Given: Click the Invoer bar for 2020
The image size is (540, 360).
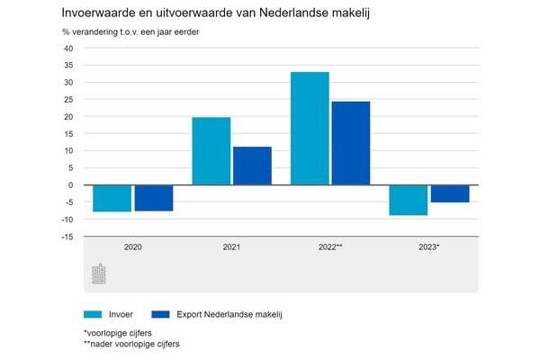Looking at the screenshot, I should [112, 198].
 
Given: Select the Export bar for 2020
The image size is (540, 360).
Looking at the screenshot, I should [153, 198].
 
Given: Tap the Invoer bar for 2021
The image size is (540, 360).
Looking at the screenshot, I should [211, 151].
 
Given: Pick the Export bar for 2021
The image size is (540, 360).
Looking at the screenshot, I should [252, 166].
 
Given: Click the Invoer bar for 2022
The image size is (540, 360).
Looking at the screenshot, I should [310, 128].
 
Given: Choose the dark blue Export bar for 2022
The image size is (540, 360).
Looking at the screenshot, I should [350, 143].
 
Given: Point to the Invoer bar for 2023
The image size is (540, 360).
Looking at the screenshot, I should [409, 200].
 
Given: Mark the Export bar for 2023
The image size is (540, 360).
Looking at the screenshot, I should [449, 193].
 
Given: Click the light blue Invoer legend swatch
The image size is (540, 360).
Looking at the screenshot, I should [93, 314].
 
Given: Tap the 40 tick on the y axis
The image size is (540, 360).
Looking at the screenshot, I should [68, 49].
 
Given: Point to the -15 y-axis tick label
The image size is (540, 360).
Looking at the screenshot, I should [67, 237].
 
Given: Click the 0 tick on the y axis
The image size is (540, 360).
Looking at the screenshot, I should [71, 185].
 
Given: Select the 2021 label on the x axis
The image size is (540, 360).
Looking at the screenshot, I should [231, 247].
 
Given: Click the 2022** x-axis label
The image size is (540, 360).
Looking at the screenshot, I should [330, 247].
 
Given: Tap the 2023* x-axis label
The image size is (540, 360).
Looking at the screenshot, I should [428, 247].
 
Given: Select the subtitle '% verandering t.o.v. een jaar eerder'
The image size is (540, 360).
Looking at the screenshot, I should [131, 32].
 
